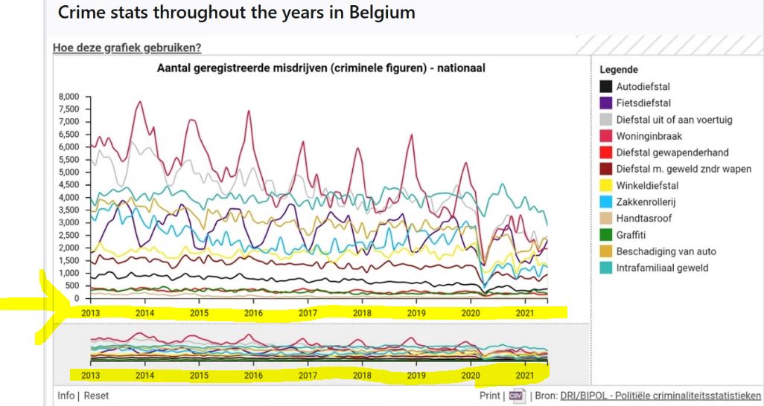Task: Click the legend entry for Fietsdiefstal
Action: (x=643, y=103)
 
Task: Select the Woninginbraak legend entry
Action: (x=649, y=136)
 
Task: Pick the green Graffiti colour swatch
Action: (x=606, y=235)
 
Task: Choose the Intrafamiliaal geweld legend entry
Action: (x=662, y=268)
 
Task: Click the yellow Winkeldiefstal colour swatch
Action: (x=606, y=186)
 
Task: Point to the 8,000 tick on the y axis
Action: (x=69, y=97)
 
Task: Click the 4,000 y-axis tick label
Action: (x=69, y=198)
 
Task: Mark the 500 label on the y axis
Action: (x=73, y=286)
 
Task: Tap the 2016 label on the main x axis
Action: (x=253, y=314)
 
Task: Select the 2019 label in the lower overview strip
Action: (x=416, y=376)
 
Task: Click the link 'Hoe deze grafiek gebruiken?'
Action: (x=127, y=48)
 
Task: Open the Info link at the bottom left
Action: (x=66, y=396)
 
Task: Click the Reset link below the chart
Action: (x=96, y=396)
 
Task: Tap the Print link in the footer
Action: (x=489, y=396)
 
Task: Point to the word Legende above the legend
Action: (x=618, y=70)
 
